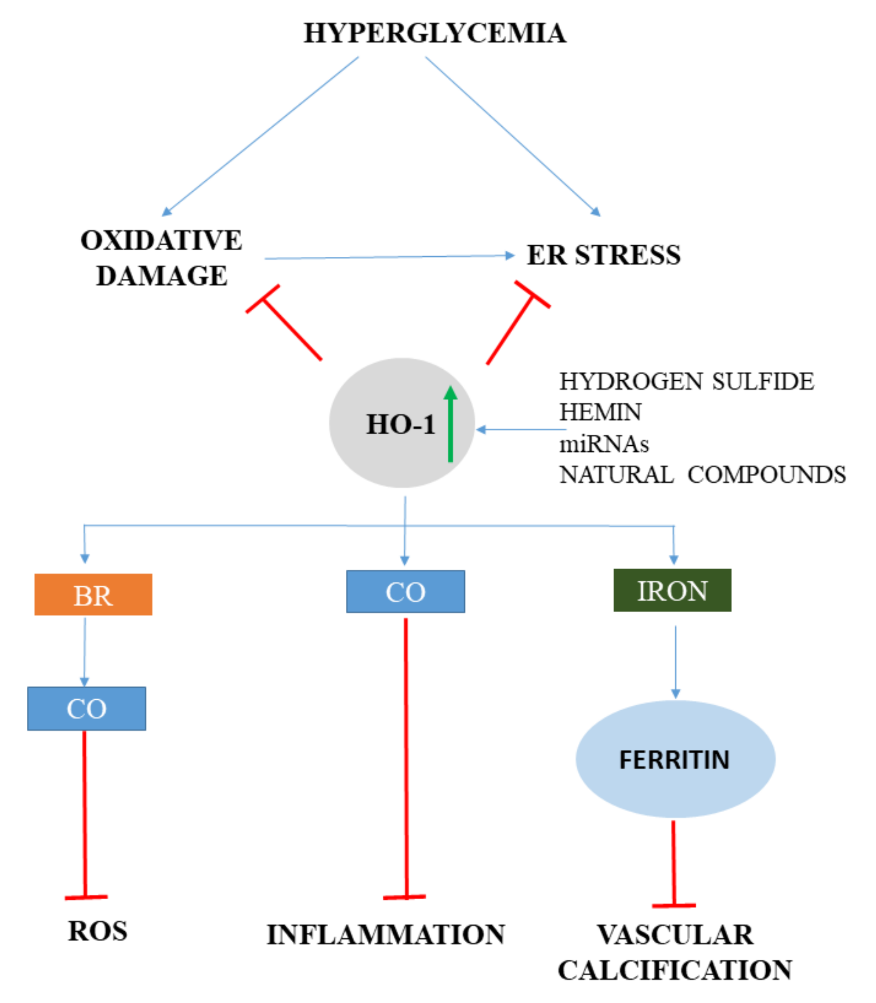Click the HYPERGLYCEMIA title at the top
(x=435, y=33)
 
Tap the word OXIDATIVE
(x=161, y=240)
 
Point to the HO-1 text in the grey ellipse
(x=400, y=424)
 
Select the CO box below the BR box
(x=87, y=708)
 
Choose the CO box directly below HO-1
(x=405, y=591)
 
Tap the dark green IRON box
(x=672, y=590)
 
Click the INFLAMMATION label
(x=386, y=935)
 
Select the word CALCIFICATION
(x=675, y=970)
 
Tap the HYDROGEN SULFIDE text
(x=687, y=381)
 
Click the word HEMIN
(x=600, y=412)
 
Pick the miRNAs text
(x=604, y=444)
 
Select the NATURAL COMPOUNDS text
(x=702, y=475)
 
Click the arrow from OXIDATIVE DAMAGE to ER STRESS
(x=389, y=257)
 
